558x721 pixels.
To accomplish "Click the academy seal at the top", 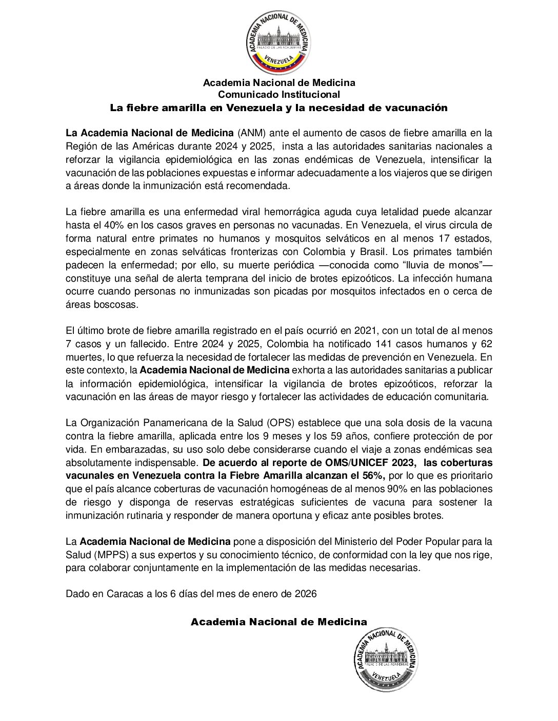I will pos(278,43).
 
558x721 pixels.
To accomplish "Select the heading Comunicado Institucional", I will pos(278,95).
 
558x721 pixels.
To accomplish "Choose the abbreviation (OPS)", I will pos(281,423).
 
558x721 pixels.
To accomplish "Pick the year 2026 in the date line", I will pos(306,594).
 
